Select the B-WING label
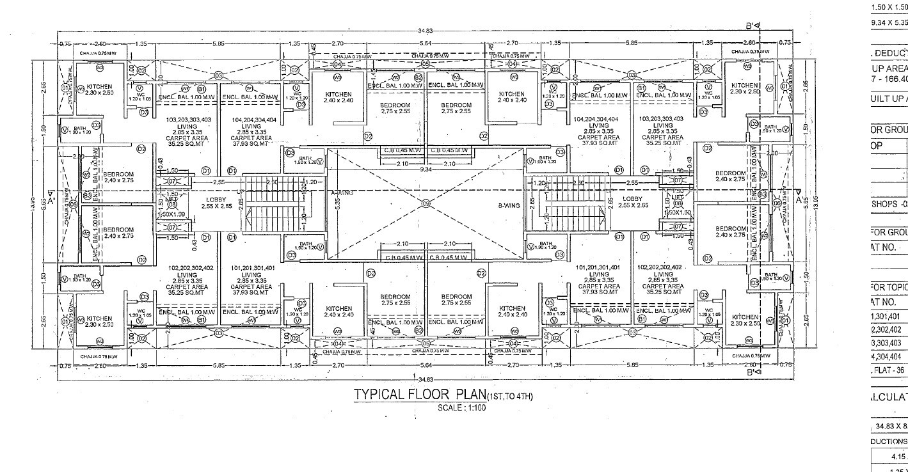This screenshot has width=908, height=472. [509, 206]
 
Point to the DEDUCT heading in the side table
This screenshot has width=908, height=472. [891, 52]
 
